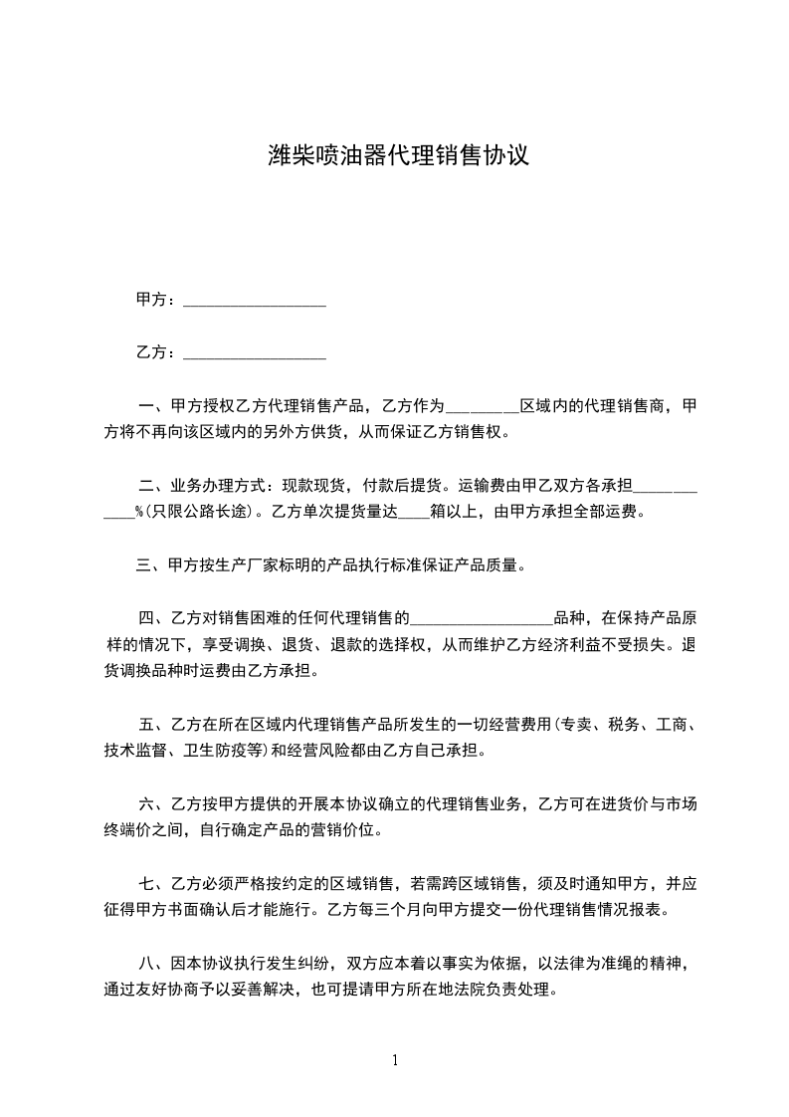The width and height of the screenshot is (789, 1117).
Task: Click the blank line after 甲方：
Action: coord(256,301)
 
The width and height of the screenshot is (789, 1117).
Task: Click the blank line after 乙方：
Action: coord(256,353)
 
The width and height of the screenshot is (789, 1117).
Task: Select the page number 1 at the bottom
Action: coord(395,1060)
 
